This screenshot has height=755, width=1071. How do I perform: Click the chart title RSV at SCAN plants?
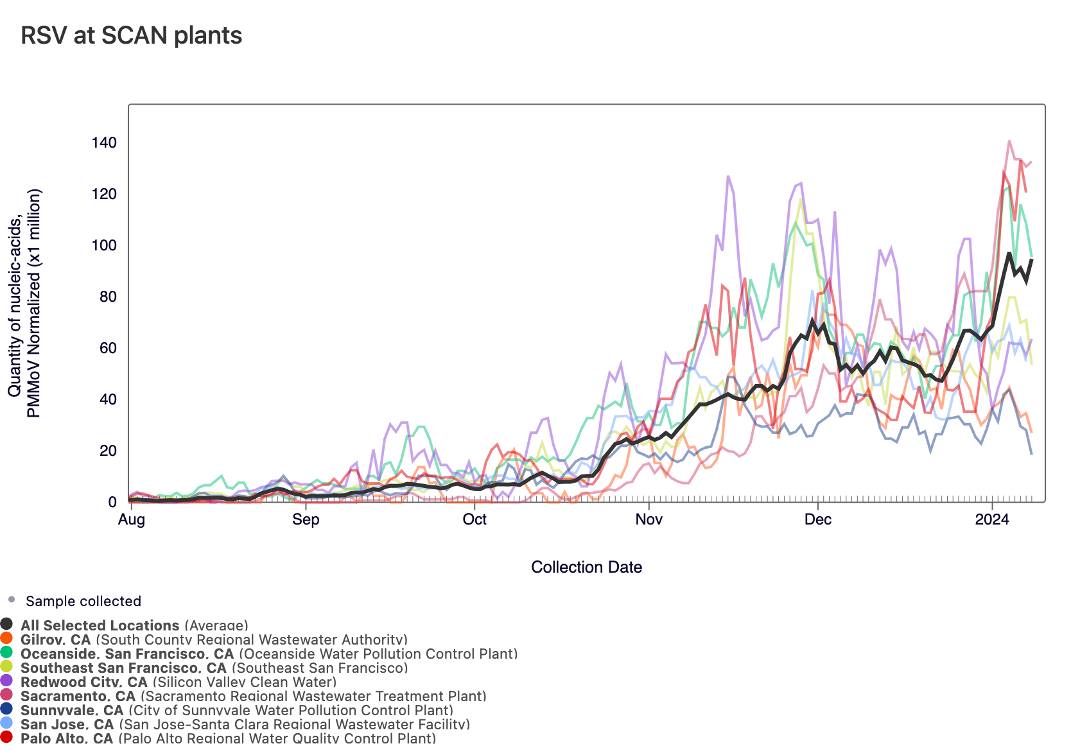point(131,35)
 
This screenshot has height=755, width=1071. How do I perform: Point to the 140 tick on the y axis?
point(104,143)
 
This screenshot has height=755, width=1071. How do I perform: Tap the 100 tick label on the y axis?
point(104,245)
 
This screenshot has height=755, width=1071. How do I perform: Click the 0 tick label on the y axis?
point(112,502)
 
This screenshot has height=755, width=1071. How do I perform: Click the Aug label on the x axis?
point(131,519)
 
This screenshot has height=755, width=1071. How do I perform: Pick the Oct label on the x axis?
point(475,519)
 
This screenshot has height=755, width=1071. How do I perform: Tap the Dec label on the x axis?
point(818,519)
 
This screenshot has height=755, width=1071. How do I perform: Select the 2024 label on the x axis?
point(992,519)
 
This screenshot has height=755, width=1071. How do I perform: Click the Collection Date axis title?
point(586,567)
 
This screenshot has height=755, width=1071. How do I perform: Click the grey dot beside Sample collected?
point(11,600)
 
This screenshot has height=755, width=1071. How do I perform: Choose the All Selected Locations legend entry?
point(100,625)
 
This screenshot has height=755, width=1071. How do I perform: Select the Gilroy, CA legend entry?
point(56,639)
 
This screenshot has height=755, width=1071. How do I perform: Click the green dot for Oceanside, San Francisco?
point(6,653)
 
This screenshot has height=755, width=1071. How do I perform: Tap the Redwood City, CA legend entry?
point(84,681)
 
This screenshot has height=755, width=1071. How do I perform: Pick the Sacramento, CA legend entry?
point(78,695)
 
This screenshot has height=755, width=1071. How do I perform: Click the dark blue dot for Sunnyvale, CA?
point(6,709)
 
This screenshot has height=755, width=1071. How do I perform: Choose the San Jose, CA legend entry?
point(67,724)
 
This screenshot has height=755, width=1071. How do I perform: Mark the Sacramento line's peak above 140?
point(1009,141)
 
